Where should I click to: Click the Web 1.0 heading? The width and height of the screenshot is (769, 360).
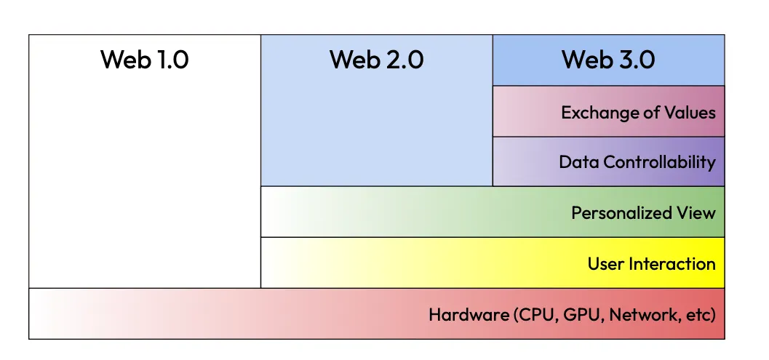pos(144,60)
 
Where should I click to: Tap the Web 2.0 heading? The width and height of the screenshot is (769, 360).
pos(376,60)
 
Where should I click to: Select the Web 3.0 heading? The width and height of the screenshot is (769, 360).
pos(608,60)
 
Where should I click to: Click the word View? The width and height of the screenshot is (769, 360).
pos(696,213)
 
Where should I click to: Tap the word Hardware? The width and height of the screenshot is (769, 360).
pos(469,315)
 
